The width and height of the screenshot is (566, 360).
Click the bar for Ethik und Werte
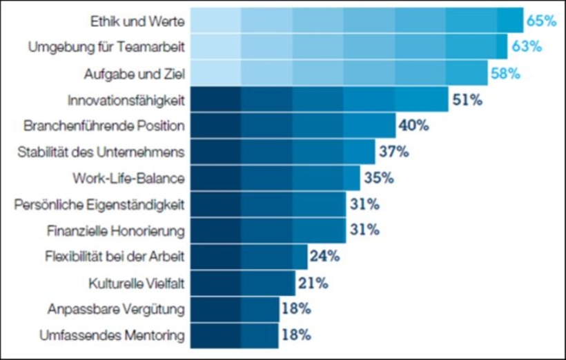[x=356, y=21]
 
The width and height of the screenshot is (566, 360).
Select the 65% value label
[x=541, y=21]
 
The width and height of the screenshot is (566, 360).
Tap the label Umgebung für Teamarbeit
[x=106, y=48]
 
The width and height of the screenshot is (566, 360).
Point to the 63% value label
[x=527, y=48]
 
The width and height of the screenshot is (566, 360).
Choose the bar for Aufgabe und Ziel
[x=338, y=74]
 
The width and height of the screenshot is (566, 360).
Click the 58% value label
[x=505, y=74]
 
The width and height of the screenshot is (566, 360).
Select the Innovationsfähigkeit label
[x=126, y=101]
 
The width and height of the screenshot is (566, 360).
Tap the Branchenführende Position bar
[x=293, y=126]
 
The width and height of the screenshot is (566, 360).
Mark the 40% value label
[x=413, y=126]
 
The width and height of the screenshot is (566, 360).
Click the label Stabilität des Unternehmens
[x=101, y=152]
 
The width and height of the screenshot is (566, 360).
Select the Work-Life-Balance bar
[x=275, y=178]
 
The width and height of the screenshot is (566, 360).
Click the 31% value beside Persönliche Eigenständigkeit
[x=364, y=204]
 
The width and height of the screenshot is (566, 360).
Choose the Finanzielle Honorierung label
[x=115, y=230]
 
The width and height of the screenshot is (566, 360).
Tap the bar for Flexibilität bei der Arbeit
[x=248, y=257]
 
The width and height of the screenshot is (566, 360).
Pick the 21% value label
[x=313, y=283]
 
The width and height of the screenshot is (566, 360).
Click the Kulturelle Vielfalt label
[x=137, y=283]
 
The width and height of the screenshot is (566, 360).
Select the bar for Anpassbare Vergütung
[x=235, y=309]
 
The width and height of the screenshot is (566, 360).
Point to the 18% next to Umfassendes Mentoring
[x=295, y=335]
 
